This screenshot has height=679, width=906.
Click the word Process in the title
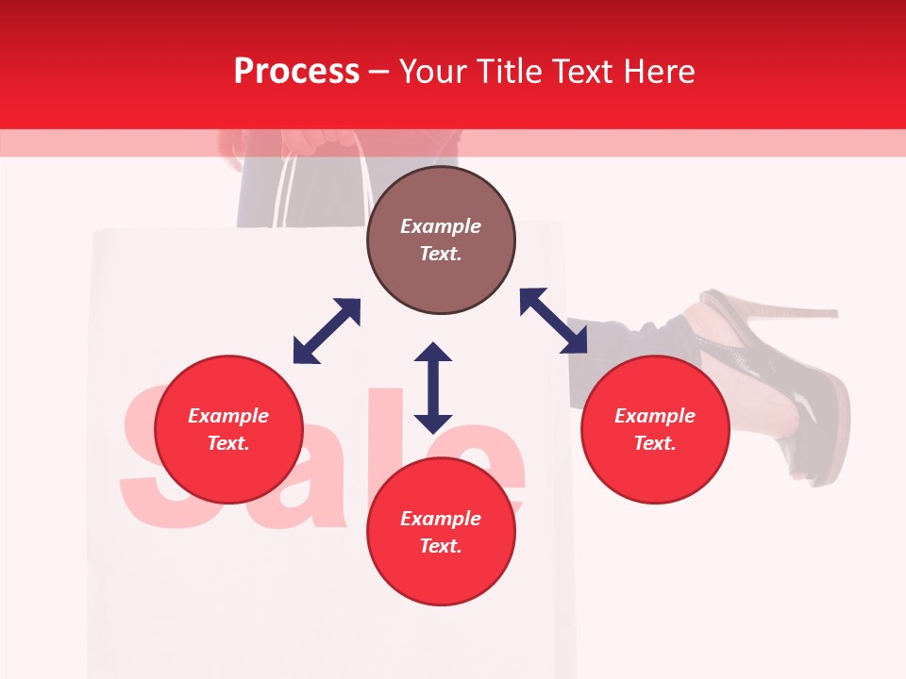296,72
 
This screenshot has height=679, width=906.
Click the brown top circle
441,240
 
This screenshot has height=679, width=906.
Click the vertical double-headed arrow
433,388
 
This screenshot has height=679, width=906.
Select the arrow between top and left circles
327,331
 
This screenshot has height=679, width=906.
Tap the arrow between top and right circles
553,321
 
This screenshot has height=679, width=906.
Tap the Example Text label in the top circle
441,240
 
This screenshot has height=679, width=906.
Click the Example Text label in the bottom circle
441,532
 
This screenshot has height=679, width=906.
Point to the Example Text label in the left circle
228,429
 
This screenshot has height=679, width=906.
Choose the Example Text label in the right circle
655,429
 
